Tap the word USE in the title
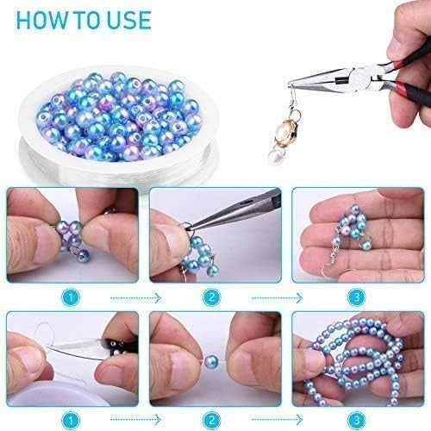click(124, 20)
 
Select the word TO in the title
click(84, 20)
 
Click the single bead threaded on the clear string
click(210, 357)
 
